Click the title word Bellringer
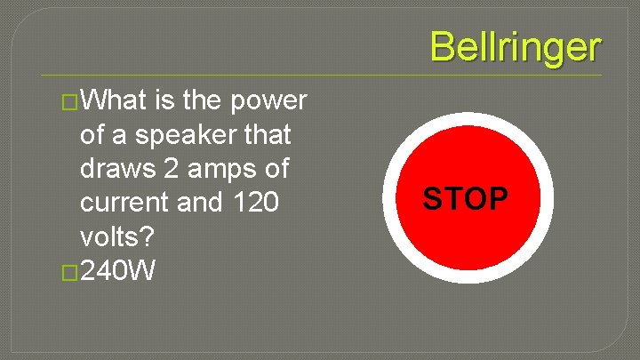516,47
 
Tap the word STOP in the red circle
466,199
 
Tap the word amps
227,169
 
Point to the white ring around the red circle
467,121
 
